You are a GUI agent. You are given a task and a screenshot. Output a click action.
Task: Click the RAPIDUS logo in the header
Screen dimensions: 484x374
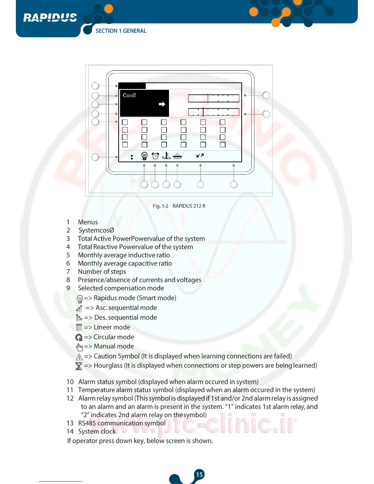coord(50,17)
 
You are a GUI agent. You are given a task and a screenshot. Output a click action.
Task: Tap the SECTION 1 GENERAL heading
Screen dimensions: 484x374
coord(121,31)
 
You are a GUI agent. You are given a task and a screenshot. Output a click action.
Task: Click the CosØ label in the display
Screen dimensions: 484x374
coord(129,95)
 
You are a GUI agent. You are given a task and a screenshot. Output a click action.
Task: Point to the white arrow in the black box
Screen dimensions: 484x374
coord(162,104)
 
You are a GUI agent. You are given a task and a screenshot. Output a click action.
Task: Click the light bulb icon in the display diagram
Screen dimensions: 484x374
coord(145,156)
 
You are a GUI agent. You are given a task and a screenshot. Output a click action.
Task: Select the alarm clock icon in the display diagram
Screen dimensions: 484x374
coord(155,156)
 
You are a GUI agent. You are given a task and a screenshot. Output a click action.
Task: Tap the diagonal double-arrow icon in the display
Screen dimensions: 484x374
coord(200,156)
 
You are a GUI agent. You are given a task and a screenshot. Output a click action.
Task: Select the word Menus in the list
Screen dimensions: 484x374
coord(88,222)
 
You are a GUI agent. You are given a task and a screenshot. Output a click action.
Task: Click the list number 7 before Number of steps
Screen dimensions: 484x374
coord(68,272)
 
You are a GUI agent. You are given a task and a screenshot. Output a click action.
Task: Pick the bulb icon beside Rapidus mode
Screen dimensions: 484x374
coord(80,299)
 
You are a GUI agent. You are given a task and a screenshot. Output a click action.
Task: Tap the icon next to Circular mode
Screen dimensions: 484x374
coord(79,337)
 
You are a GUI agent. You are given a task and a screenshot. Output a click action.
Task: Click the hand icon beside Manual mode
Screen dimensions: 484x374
coord(79,347)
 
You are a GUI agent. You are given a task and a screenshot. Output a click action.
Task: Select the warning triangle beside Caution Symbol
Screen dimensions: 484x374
coord(79,357)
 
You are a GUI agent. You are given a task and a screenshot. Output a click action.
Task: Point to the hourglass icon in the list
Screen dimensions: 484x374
coord(79,366)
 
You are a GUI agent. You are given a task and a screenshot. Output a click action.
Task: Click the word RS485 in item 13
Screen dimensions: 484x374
coord(87,423)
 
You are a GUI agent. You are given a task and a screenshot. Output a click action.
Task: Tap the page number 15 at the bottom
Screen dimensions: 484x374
coord(199,475)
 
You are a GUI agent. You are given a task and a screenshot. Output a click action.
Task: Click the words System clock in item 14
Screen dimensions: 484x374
coord(97,431)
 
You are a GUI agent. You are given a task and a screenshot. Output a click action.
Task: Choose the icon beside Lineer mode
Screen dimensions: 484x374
coord(79,328)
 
